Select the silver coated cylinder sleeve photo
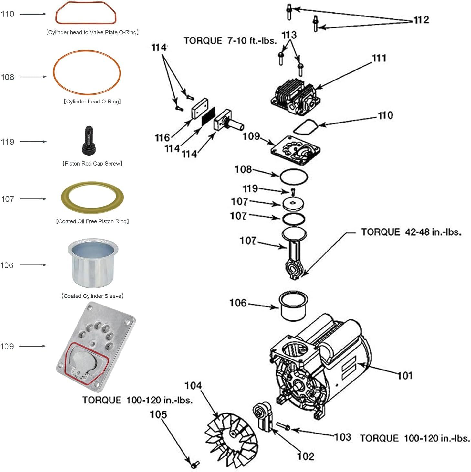(x=93, y=263)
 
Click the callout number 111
(x=379, y=58)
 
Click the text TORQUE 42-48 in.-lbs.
(x=411, y=232)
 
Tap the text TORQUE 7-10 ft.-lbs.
(x=230, y=41)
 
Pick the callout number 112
(x=421, y=20)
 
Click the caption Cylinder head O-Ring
(x=92, y=102)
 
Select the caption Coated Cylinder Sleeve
(x=92, y=296)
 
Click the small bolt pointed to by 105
(x=195, y=465)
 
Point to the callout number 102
(x=305, y=456)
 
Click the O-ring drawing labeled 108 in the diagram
(x=293, y=177)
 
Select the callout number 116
(x=162, y=138)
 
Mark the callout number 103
(x=343, y=437)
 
